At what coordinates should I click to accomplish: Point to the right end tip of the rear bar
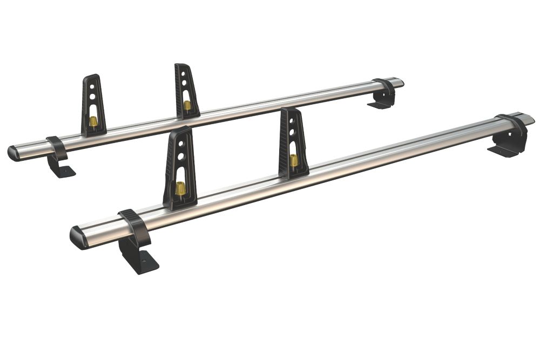[x=400, y=82]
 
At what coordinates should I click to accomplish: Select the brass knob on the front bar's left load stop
[x=180, y=188]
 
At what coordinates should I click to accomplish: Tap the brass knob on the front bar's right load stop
[x=294, y=160]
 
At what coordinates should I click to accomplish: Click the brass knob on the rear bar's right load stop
[x=187, y=105]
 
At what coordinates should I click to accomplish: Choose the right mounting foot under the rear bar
[x=381, y=102]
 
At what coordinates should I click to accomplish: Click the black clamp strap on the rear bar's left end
[x=57, y=147]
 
